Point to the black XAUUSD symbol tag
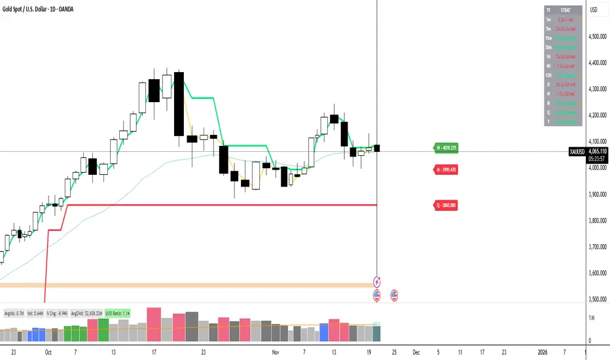576,151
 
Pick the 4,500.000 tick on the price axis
598,37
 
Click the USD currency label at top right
593,10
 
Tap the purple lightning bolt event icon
378,282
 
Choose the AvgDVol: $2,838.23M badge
86,313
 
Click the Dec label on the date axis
416,351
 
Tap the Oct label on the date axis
48,351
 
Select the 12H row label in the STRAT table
548,75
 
